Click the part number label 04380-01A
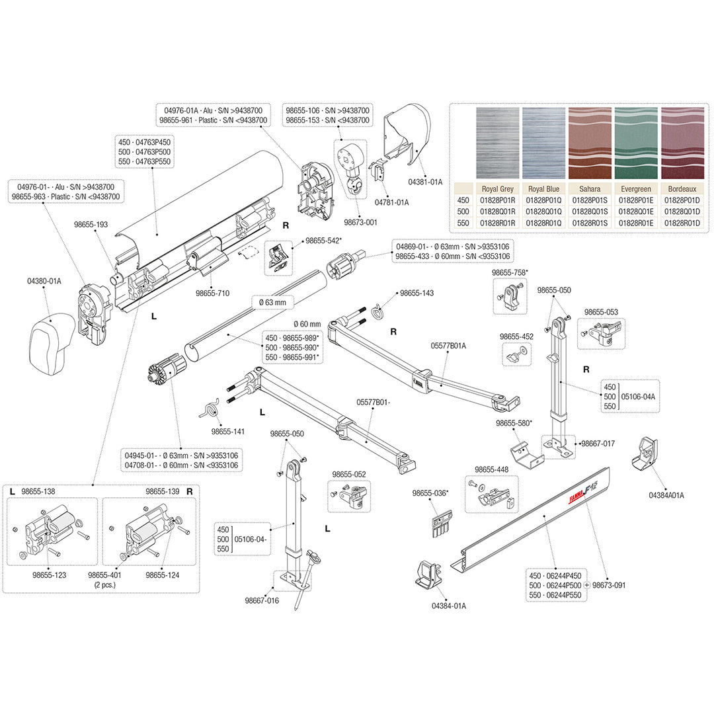tap(44, 281)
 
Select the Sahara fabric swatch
tap(590, 143)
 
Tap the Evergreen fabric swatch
tap(635, 143)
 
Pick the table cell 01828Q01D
tap(681, 212)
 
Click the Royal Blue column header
tap(544, 188)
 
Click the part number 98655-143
tap(416, 293)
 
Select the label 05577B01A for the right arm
tap(448, 345)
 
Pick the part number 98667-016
tap(262, 600)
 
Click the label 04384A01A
tap(666, 495)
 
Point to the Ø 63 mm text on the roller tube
tap(272, 302)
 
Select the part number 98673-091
tap(609, 585)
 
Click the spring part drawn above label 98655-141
tap(210, 409)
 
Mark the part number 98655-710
tap(212, 293)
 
